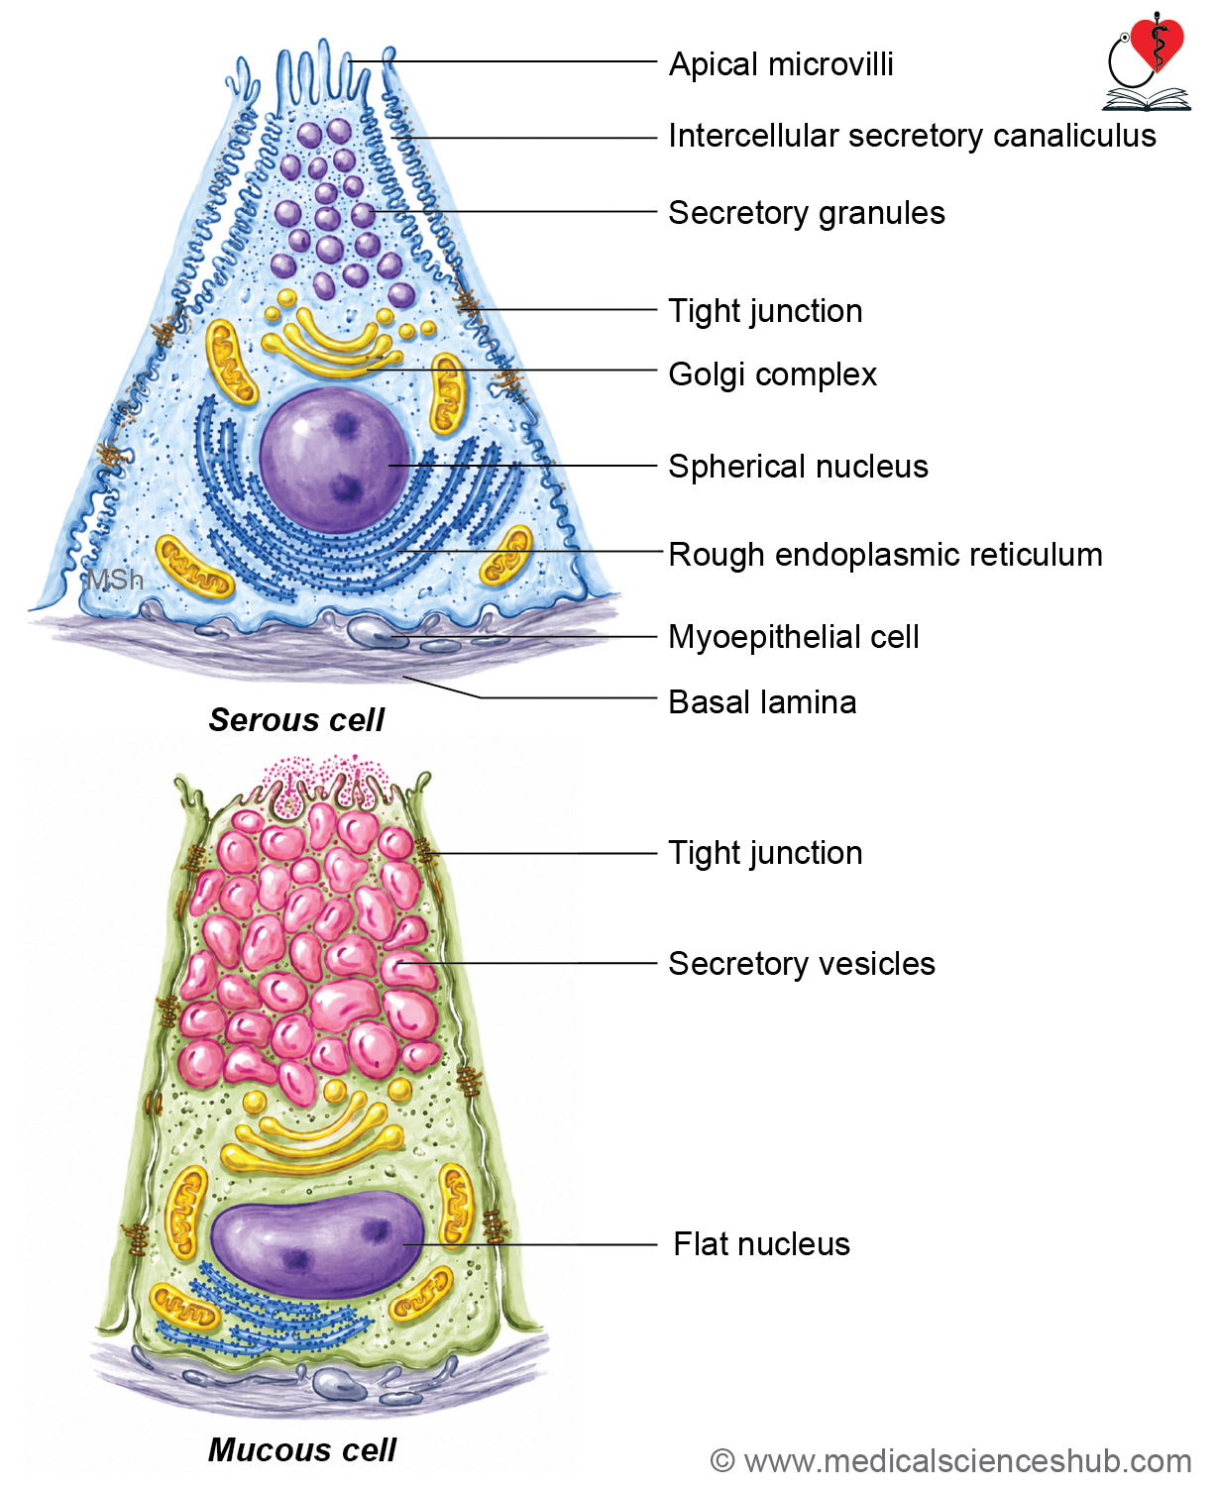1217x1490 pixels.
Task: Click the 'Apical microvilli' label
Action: (781, 64)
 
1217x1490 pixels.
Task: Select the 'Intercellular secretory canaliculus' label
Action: (912, 136)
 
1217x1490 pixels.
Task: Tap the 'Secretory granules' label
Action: (807, 213)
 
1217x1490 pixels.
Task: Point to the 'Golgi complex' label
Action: (772, 373)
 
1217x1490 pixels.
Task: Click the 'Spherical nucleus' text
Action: (798, 467)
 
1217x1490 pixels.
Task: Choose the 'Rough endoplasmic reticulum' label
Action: (886, 555)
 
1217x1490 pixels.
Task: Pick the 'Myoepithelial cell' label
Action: (794, 637)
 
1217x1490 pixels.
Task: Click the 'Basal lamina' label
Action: (762, 702)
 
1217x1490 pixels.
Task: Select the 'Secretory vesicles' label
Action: (802, 964)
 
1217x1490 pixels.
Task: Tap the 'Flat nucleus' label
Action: (761, 1244)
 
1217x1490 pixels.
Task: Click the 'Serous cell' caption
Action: (296, 720)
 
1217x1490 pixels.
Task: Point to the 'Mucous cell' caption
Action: (302, 1449)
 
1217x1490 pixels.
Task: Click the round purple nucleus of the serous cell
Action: (334, 460)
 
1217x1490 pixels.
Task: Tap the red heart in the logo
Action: (1157, 44)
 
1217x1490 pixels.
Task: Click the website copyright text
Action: (950, 1460)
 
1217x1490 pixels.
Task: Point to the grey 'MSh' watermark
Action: (115, 580)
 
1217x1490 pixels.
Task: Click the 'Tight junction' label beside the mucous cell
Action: (765, 853)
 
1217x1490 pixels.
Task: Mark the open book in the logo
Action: (1146, 100)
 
